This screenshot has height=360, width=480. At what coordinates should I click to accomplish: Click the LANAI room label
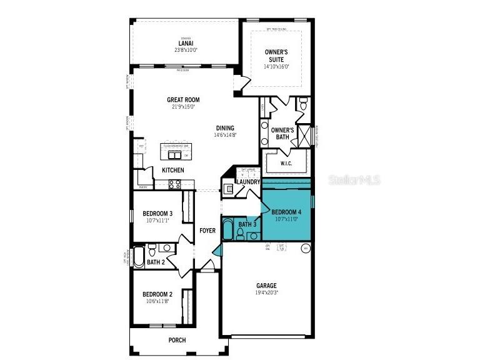[186, 44]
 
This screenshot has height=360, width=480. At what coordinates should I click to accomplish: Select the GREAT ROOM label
[183, 99]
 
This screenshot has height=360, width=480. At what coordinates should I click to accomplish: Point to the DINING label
[226, 127]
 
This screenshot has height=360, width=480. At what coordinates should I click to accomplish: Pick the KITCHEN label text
[173, 170]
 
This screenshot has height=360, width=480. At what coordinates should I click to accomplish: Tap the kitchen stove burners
[175, 184]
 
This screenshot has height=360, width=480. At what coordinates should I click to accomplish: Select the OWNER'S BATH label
[282, 133]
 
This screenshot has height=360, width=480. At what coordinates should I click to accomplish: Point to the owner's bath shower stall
[304, 135]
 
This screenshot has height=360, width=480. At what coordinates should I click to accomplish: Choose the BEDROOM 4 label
[286, 212]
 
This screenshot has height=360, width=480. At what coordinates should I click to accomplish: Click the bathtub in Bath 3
[227, 230]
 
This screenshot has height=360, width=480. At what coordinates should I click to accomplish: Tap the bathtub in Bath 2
[137, 256]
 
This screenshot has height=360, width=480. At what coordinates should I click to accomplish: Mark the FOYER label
[207, 231]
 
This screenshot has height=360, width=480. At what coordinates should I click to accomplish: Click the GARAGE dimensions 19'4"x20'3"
[266, 292]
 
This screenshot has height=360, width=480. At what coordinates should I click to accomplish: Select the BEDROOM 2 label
[157, 294]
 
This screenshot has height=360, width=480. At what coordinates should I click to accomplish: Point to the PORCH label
[177, 340]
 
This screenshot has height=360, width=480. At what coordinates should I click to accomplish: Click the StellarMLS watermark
[354, 180]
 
